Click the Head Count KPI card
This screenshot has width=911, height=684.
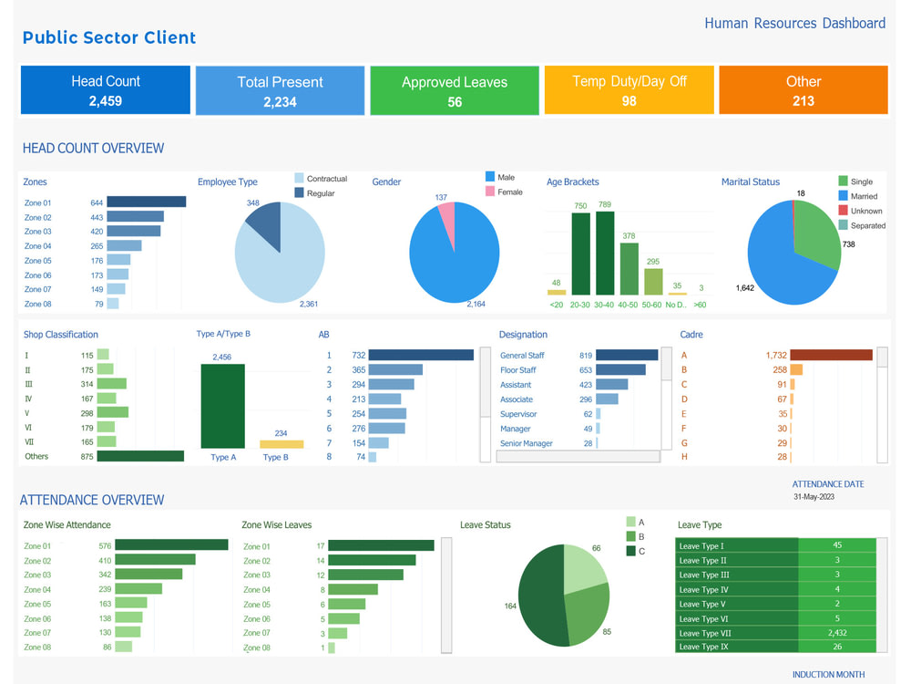(106, 90)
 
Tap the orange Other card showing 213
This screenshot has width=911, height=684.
(803, 90)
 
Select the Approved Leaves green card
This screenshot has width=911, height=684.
(455, 90)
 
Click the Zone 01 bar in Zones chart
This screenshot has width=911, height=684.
(146, 202)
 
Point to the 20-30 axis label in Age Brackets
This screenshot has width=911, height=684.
(580, 305)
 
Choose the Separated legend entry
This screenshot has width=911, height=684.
(866, 225)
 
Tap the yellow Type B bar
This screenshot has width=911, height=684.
(281, 444)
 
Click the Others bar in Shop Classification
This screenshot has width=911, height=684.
(139, 456)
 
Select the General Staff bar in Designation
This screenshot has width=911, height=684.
(627, 356)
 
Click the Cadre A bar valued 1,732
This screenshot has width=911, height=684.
(831, 356)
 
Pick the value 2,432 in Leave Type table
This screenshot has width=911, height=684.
(837, 633)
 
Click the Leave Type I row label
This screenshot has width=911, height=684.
(702, 546)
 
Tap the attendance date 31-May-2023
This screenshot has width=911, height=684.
(814, 497)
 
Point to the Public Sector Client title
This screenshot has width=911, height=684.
(109, 37)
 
